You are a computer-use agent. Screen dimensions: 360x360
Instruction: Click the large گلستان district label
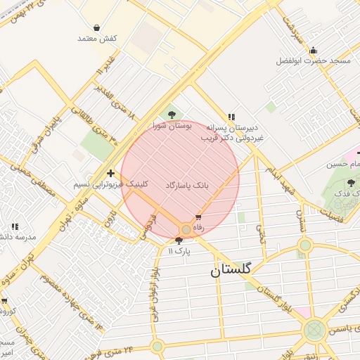[235, 269]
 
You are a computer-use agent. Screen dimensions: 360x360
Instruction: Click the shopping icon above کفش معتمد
[96, 27]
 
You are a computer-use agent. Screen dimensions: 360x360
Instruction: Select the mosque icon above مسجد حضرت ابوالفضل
[313, 50]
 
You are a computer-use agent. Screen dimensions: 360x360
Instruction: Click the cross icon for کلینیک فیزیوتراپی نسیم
[110, 173]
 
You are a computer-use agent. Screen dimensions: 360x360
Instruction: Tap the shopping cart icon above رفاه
[198, 217]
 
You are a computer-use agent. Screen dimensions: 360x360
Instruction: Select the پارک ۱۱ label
[179, 250]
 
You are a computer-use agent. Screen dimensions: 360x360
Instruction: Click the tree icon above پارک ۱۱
[179, 240]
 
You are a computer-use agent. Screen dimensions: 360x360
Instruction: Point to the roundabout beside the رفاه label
[186, 230]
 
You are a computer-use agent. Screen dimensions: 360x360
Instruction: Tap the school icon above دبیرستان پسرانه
[231, 117]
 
